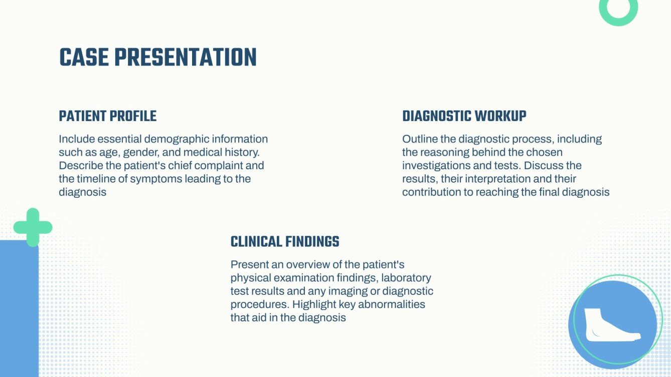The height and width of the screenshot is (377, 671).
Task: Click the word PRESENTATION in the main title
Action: click(x=185, y=58)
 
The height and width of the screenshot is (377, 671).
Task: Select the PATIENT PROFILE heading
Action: click(x=108, y=116)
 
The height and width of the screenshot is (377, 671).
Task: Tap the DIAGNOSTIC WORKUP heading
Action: click(x=464, y=116)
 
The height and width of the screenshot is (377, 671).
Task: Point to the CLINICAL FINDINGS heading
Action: click(x=284, y=242)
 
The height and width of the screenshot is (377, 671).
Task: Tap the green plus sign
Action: click(x=33, y=227)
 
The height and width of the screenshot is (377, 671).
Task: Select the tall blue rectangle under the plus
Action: click(x=19, y=310)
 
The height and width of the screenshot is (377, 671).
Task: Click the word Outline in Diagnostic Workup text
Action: click(x=419, y=139)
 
